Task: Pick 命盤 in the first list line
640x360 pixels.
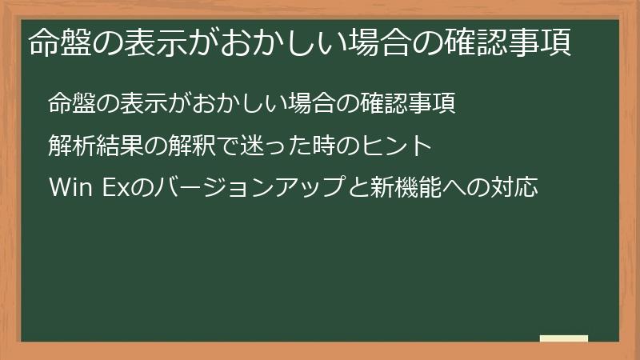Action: click(70, 104)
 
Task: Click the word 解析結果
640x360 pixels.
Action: click(91, 147)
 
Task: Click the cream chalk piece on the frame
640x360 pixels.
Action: click(563, 338)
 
